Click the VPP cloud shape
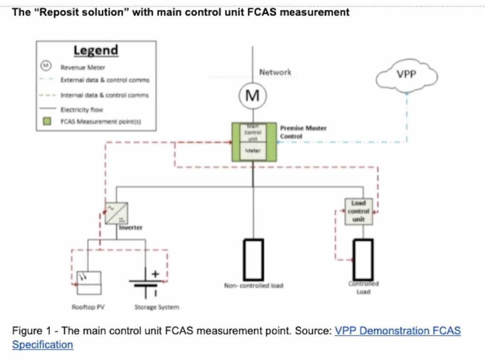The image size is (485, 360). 406,77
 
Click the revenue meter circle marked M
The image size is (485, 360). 253,96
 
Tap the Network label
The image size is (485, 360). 275,72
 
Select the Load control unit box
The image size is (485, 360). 359,211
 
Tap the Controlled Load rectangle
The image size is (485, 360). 363,259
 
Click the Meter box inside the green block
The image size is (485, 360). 253,151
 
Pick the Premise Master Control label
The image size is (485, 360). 303,132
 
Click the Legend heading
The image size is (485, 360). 96,50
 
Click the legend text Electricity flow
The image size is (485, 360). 81,109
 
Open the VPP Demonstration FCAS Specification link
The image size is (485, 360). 397,331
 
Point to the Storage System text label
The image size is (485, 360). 157,307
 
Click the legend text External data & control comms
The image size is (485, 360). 105,80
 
